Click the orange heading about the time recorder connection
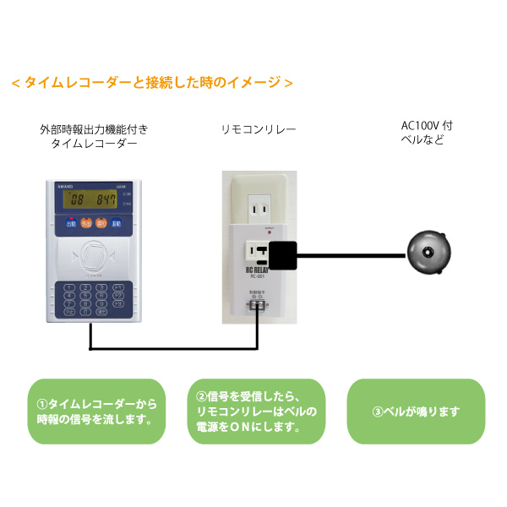point(152,83)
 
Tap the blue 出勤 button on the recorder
point(71,224)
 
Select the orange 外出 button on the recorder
point(86,224)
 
